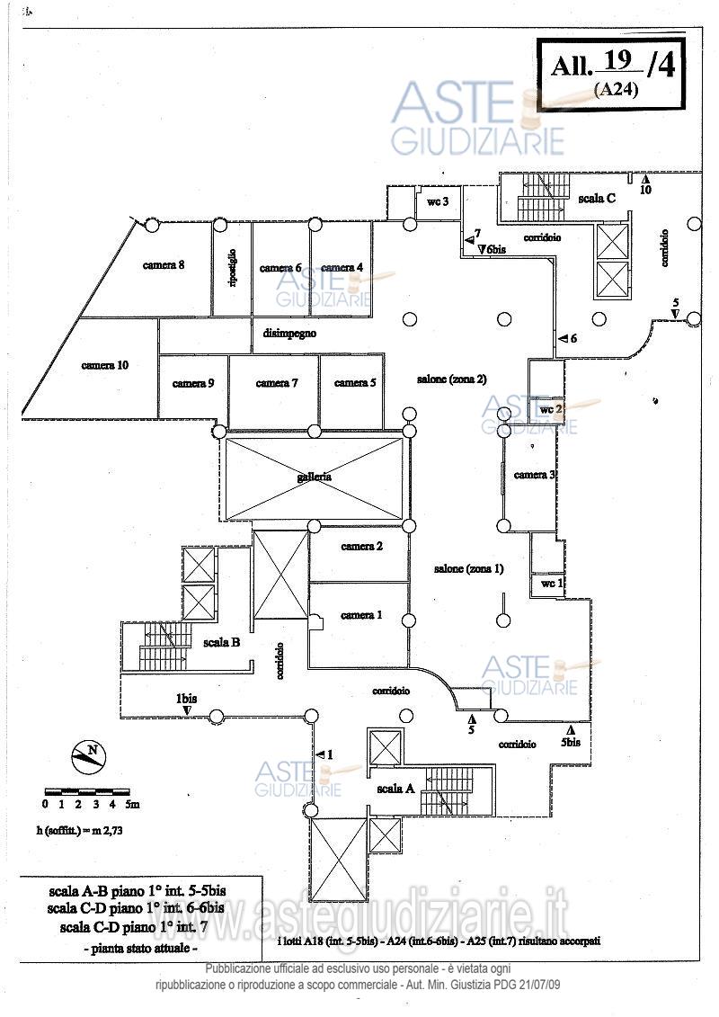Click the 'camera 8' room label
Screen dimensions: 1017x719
pyautogui.click(x=163, y=264)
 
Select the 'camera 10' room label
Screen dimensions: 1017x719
pyautogui.click(x=105, y=365)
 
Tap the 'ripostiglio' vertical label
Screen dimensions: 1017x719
pyautogui.click(x=232, y=268)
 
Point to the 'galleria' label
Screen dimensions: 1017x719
pyautogui.click(x=315, y=477)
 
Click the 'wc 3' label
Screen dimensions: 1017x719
pyautogui.click(x=438, y=202)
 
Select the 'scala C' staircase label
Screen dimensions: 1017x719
pyautogui.click(x=597, y=198)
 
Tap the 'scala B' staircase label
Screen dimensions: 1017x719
pyautogui.click(x=220, y=642)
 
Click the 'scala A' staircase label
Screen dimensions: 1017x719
pyautogui.click(x=395, y=788)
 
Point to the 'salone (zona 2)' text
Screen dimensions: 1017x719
pyautogui.click(x=451, y=379)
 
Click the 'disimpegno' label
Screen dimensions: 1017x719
pyautogui.click(x=289, y=333)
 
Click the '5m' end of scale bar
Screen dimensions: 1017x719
pyautogui.click(x=132, y=803)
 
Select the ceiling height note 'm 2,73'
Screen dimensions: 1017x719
pyautogui.click(x=105, y=832)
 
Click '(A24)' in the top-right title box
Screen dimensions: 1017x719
pyautogui.click(x=615, y=89)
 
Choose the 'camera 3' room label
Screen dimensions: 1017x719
pyautogui.click(x=535, y=475)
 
